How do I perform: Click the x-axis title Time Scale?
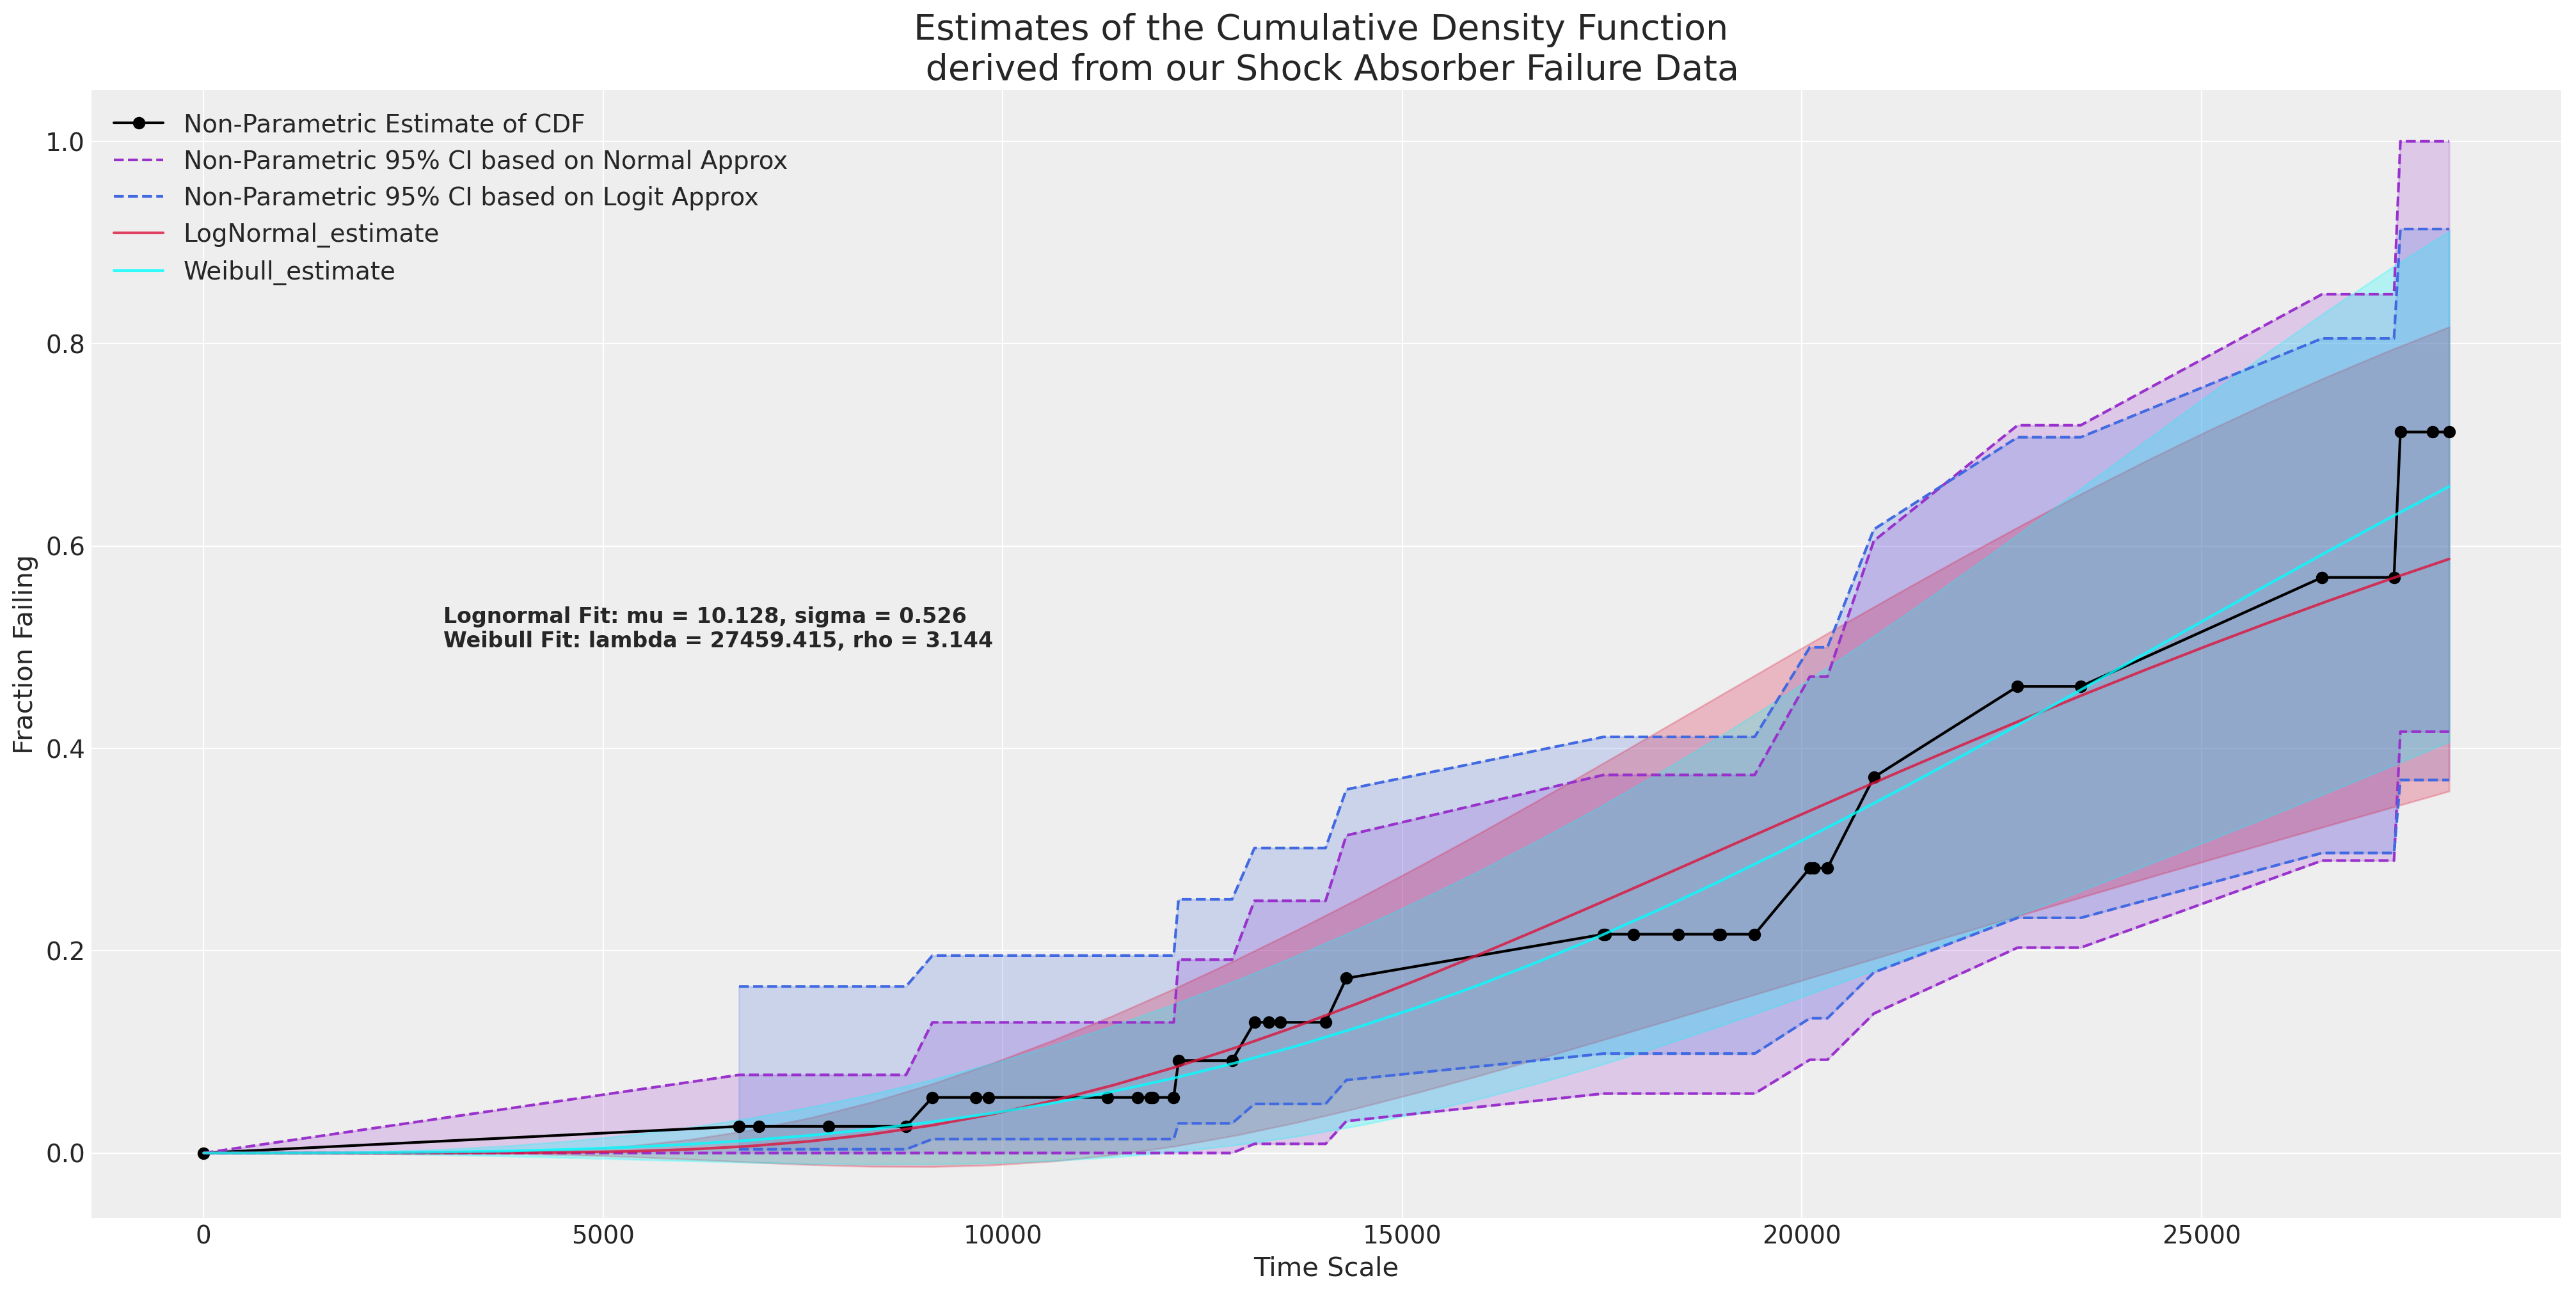pos(1325,1267)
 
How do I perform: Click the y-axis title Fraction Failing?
pos(24,654)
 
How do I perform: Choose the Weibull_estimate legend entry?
pos(289,271)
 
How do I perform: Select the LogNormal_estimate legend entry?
pos(311,234)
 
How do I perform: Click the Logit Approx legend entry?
pos(471,197)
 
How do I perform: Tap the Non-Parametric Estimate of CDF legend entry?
pos(384,124)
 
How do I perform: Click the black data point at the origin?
pos(204,1153)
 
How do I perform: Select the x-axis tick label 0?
pos(204,1235)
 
